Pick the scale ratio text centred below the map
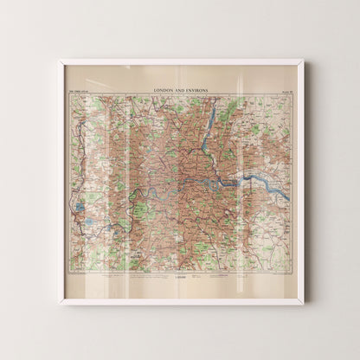(x=180, y=280)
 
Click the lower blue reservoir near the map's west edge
(x=90, y=222)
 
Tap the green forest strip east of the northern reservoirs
(x=232, y=109)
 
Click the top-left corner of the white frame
(x=59, y=61)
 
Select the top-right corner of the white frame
(x=302, y=61)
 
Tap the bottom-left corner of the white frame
(x=59, y=303)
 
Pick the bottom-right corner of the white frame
(x=302, y=303)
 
